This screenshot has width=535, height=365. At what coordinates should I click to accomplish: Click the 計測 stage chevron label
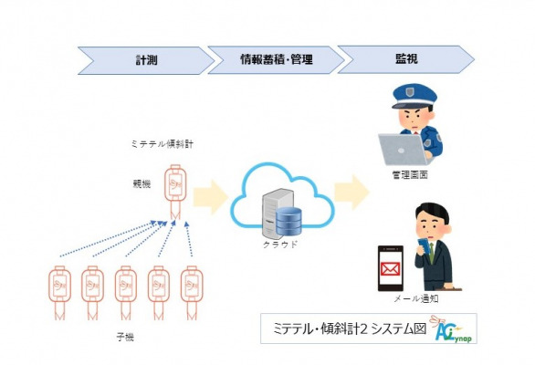[x=146, y=60]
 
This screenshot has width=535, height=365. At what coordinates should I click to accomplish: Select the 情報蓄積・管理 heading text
[x=277, y=59]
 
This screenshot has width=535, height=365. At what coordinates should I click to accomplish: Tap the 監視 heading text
[x=406, y=58]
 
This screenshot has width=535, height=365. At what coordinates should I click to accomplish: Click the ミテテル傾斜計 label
[x=163, y=144]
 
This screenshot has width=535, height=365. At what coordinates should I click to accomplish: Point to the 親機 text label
[x=142, y=183]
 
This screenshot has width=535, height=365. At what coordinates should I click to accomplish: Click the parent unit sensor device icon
[x=175, y=192]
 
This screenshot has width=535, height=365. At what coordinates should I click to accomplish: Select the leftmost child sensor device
[x=59, y=293]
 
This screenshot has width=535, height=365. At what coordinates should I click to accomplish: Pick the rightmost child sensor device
[x=192, y=293]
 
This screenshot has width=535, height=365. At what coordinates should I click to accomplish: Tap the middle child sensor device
[x=126, y=293]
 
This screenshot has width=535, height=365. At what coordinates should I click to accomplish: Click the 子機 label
[x=125, y=337]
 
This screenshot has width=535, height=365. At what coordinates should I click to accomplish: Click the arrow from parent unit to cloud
[x=211, y=197]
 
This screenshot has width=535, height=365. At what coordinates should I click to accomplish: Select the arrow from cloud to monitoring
[x=351, y=192]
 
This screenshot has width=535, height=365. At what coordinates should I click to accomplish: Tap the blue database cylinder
[x=288, y=222]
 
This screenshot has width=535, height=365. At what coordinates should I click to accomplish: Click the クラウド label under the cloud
[x=280, y=245]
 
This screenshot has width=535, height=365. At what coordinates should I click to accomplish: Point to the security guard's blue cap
[x=414, y=96]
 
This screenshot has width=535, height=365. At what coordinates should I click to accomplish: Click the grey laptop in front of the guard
[x=404, y=150]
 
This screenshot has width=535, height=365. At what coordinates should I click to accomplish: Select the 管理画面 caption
[x=410, y=175]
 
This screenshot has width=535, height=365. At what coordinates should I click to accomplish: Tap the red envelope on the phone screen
[x=391, y=269]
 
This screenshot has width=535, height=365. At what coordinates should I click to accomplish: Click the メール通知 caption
[x=416, y=298]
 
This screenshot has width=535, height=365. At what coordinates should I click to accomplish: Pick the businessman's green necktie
[x=432, y=253]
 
